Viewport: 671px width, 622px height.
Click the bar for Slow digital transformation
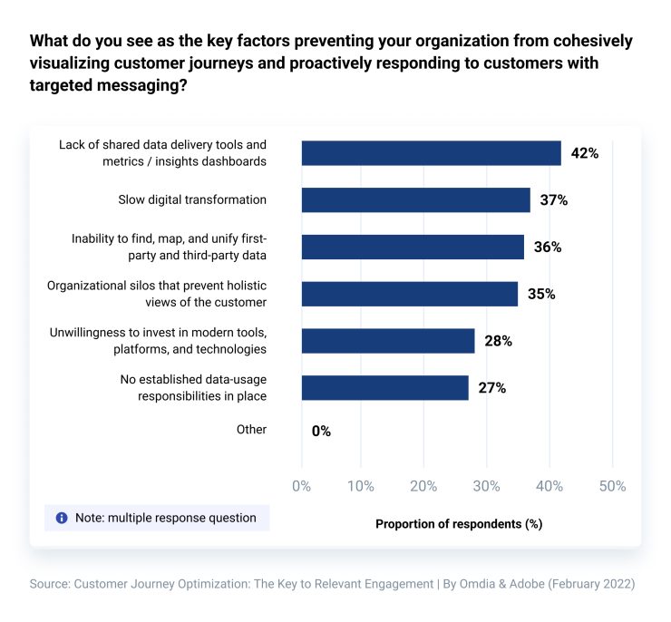pos(415,199)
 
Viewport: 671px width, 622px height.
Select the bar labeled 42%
pos(431,152)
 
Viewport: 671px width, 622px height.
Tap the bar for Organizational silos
pos(409,294)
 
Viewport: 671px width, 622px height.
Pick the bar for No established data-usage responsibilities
pos(384,388)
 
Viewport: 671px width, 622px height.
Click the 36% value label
pos(548,247)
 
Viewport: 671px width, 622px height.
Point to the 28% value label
pos(498,341)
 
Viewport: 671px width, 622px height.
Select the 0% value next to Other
pos(321,432)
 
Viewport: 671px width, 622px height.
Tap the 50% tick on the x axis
pos(612,486)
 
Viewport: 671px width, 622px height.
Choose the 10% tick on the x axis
pos(361,486)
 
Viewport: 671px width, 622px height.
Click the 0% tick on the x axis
pos(302,486)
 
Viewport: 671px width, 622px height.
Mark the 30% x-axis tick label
pos(486,486)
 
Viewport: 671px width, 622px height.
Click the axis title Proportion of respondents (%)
pos(458,523)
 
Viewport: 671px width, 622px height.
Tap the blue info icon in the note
pos(62,518)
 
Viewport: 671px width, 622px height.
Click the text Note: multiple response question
pos(165,518)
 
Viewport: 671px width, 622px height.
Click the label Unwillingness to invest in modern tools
pos(158,333)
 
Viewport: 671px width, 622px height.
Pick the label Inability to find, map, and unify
pos(169,238)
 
